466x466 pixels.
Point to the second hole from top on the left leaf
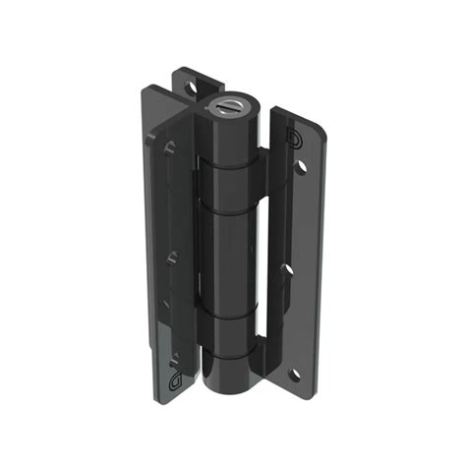[x=172, y=258]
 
